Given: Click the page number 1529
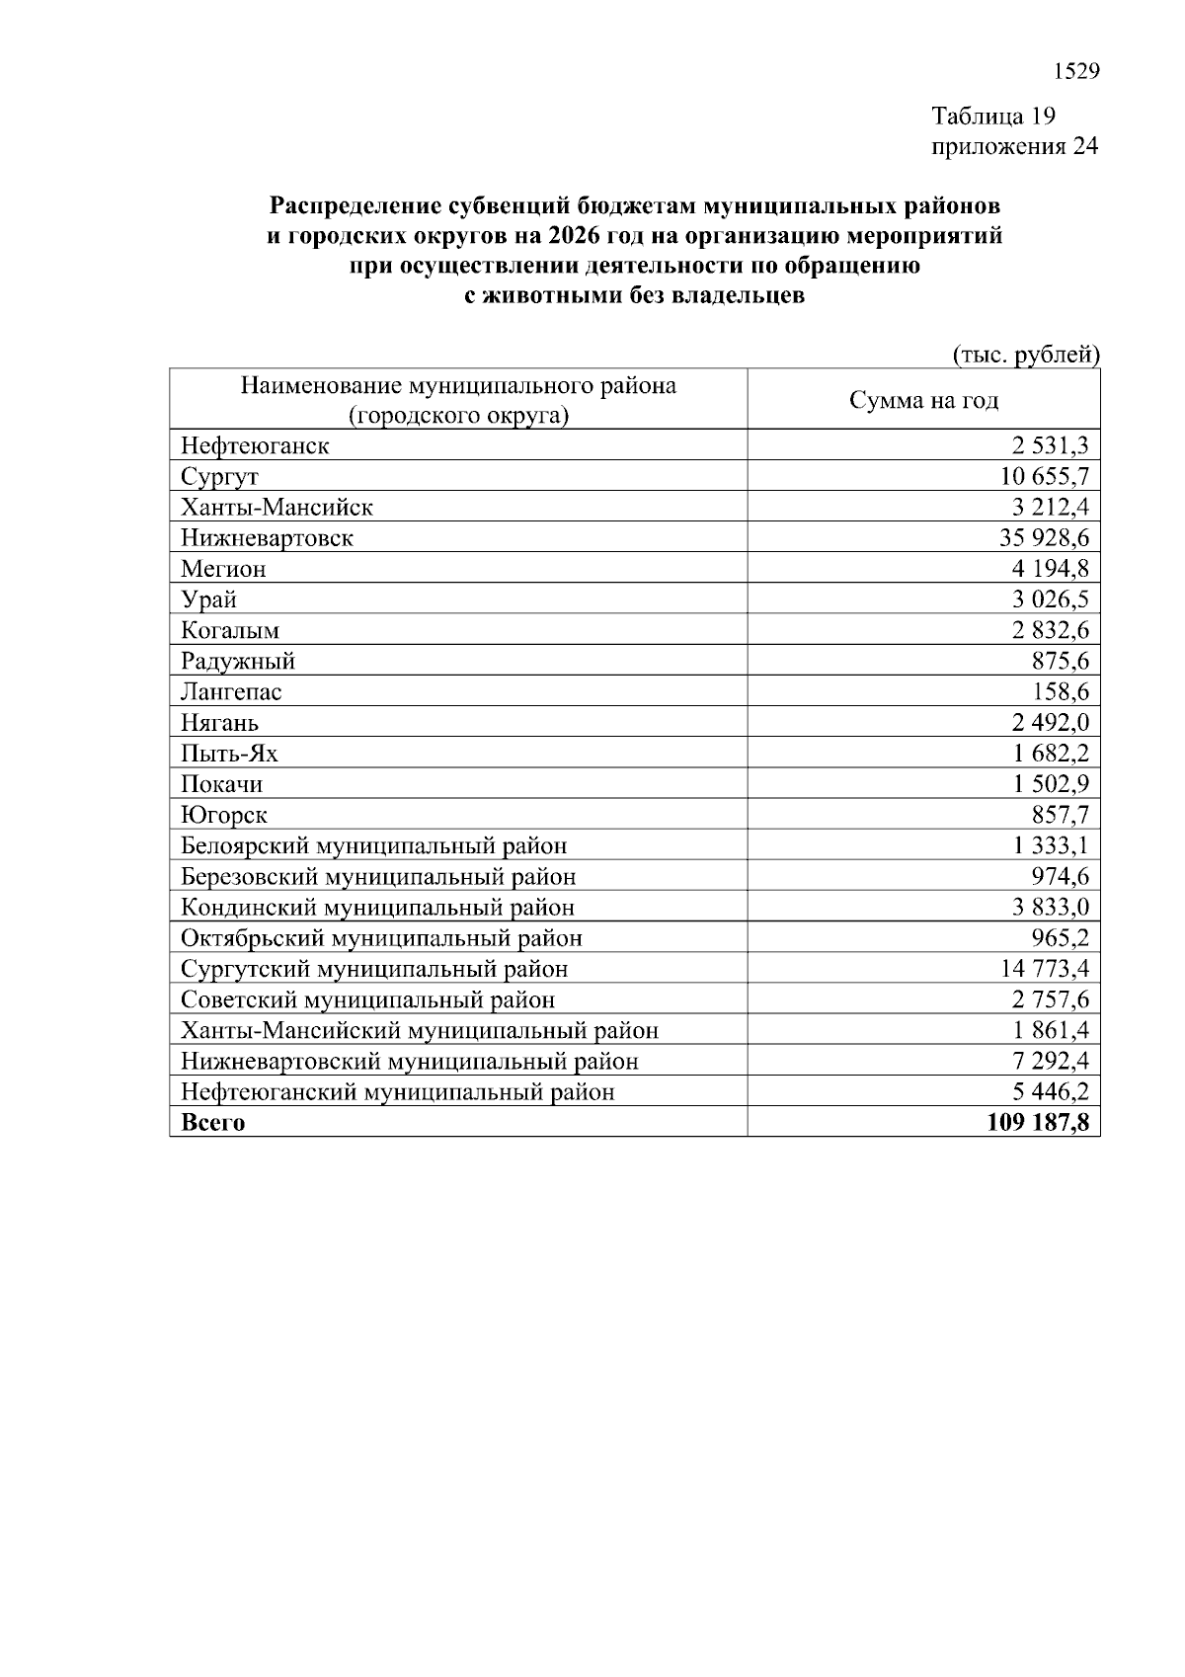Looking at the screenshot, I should tap(1076, 71).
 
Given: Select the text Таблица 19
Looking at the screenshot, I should tap(994, 117).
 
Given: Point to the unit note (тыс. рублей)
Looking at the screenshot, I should tap(1025, 355).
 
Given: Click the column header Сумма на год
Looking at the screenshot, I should tap(923, 400).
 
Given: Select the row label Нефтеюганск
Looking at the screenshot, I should tap(255, 445).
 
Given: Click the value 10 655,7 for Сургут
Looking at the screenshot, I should tap(1045, 476).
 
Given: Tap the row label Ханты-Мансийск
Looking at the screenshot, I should tap(276, 508).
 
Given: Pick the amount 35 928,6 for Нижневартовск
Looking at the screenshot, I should tap(1045, 538).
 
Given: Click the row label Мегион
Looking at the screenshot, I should tap(223, 569).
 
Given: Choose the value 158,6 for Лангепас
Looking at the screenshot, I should tap(1061, 691).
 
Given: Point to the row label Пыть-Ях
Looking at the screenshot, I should tap(229, 754).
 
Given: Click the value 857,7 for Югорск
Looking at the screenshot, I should tap(1061, 815).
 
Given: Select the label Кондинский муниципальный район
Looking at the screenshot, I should tap(377, 908).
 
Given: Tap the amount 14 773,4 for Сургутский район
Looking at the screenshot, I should tap(1045, 969).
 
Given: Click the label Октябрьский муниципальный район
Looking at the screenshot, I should tap(381, 938).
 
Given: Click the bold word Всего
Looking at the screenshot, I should tap(212, 1123).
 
